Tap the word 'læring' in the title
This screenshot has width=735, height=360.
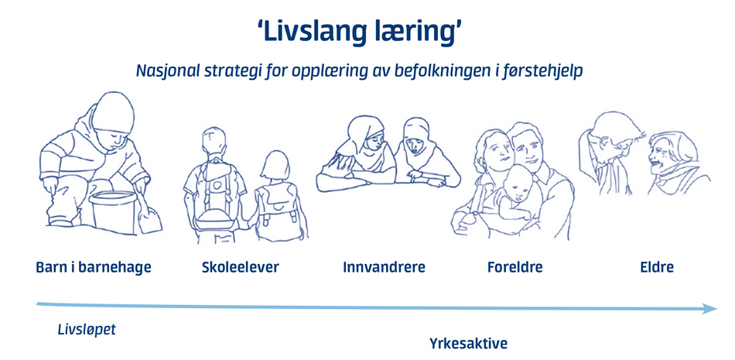[415, 33]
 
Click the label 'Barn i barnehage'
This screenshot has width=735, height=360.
[94, 267]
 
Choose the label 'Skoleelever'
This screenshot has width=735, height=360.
[241, 267]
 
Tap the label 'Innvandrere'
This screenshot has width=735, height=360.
[384, 267]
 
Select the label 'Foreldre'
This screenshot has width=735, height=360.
[515, 267]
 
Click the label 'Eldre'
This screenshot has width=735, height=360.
[657, 267]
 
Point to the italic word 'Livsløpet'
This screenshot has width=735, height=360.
[87, 330]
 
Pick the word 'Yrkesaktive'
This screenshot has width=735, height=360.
[468, 344]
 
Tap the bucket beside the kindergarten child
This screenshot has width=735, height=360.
[113, 211]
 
